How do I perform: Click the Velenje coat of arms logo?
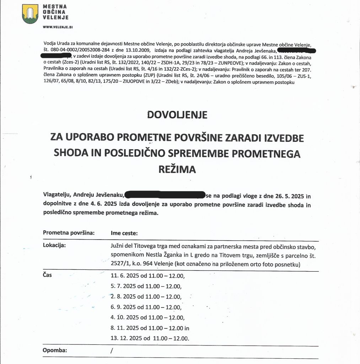(x=30, y=14)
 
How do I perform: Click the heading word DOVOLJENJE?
(x=177, y=115)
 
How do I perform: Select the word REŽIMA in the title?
(x=177, y=169)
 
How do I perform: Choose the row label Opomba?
(x=55, y=351)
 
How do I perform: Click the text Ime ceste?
(x=124, y=233)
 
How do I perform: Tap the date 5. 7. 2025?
(x=123, y=286)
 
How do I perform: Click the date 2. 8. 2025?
(x=123, y=296)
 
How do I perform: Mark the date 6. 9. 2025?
(x=123, y=307)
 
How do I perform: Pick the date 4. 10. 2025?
(x=125, y=317)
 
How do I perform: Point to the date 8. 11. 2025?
(x=125, y=328)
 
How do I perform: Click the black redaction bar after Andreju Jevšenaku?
(x=165, y=195)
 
